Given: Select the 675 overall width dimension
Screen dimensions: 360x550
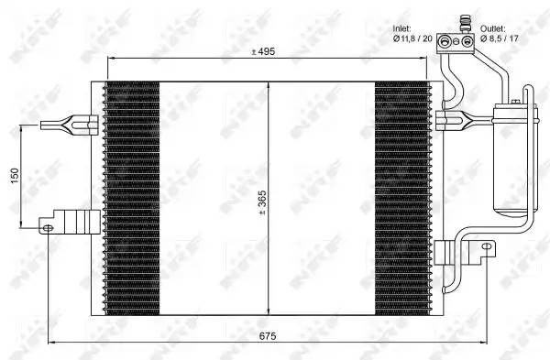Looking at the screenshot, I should pos(265,336).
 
